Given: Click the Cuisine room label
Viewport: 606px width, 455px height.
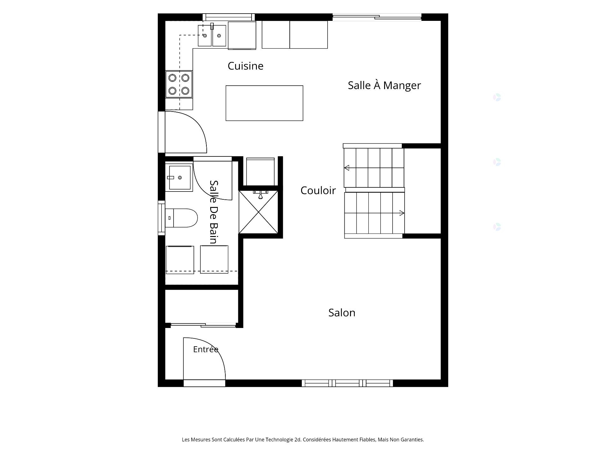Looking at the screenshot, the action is click(246, 66).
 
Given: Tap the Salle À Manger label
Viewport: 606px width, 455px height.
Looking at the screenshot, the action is click(384, 85).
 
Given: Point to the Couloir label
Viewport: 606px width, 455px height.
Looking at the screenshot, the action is click(318, 190).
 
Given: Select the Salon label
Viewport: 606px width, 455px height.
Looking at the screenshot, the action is click(342, 312).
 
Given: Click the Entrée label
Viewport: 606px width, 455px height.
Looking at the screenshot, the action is click(206, 349).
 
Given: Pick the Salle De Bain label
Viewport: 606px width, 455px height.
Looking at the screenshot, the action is click(214, 212).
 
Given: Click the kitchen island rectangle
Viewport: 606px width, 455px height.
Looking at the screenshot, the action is click(264, 103).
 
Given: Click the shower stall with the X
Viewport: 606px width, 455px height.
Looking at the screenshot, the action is click(258, 212).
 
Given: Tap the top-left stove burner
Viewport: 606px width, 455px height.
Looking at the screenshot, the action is click(172, 77).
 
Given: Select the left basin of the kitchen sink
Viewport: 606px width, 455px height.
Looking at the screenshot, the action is click(205, 36).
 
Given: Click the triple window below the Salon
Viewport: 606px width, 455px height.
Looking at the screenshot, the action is click(347, 383).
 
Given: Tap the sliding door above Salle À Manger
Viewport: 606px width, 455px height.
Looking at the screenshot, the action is click(377, 17).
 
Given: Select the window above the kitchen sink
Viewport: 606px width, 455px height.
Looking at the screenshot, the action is click(229, 17).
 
